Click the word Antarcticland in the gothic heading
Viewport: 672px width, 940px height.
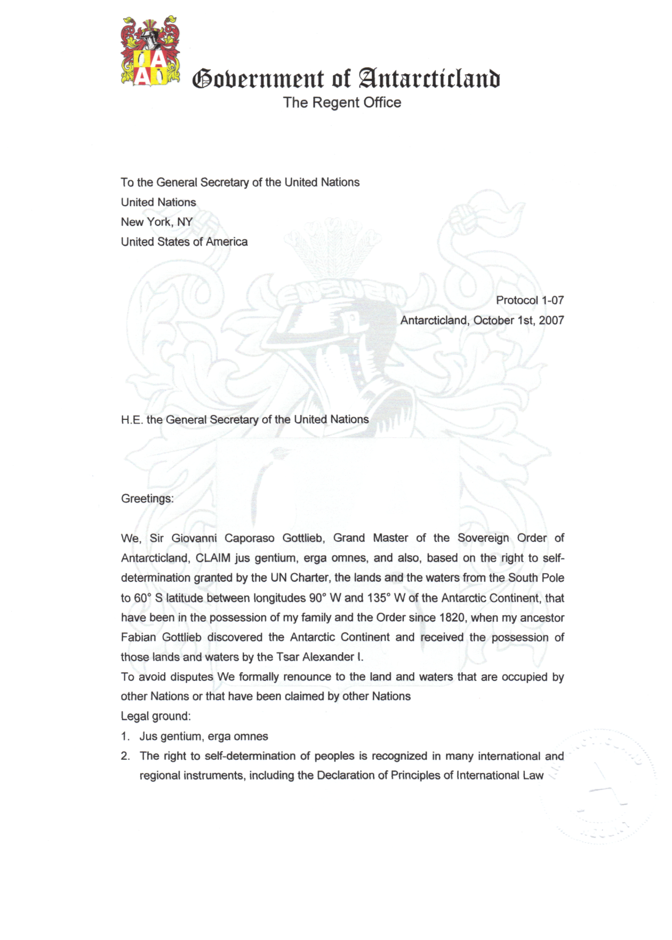pyautogui.click(x=429, y=78)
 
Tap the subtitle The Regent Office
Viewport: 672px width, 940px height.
pyautogui.click(x=342, y=102)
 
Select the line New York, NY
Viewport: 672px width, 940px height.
pyautogui.click(x=157, y=222)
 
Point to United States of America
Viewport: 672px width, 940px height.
pyautogui.click(x=184, y=242)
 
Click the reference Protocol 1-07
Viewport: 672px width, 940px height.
pyautogui.click(x=530, y=300)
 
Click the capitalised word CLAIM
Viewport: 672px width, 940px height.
pyautogui.click(x=213, y=558)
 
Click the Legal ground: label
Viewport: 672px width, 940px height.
pyautogui.click(x=155, y=717)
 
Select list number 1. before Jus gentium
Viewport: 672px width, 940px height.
pyautogui.click(x=125, y=737)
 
